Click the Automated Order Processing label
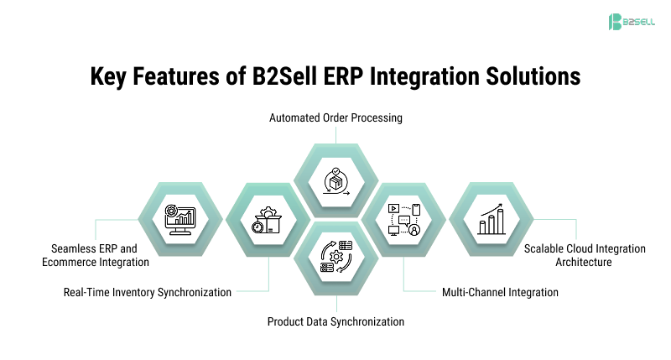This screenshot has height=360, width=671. point(335,118)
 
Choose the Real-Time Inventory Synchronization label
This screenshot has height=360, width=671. point(148,292)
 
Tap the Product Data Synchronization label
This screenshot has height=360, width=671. point(335,321)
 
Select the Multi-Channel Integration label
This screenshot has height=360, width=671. point(500,292)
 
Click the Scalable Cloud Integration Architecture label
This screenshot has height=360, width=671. point(585,255)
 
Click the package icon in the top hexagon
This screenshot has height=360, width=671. point(335,178)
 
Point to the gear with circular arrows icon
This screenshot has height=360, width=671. point(335,255)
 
